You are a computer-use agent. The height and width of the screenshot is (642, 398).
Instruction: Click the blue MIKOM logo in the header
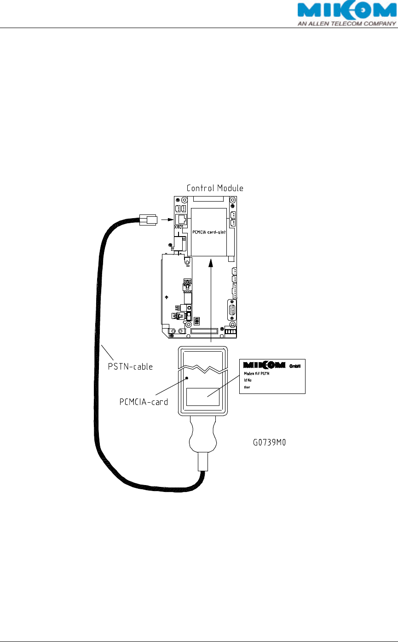pos(346,10)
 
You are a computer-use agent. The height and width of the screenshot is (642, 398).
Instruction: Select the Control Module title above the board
pos(215,188)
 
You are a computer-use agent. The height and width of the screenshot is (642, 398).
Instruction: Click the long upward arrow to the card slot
pos(210,299)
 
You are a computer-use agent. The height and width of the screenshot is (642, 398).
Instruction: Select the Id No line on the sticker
pos(248,381)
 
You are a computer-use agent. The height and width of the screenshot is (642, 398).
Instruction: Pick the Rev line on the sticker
pos(247,388)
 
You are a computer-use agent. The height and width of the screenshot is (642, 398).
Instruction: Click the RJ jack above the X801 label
pos(180,219)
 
